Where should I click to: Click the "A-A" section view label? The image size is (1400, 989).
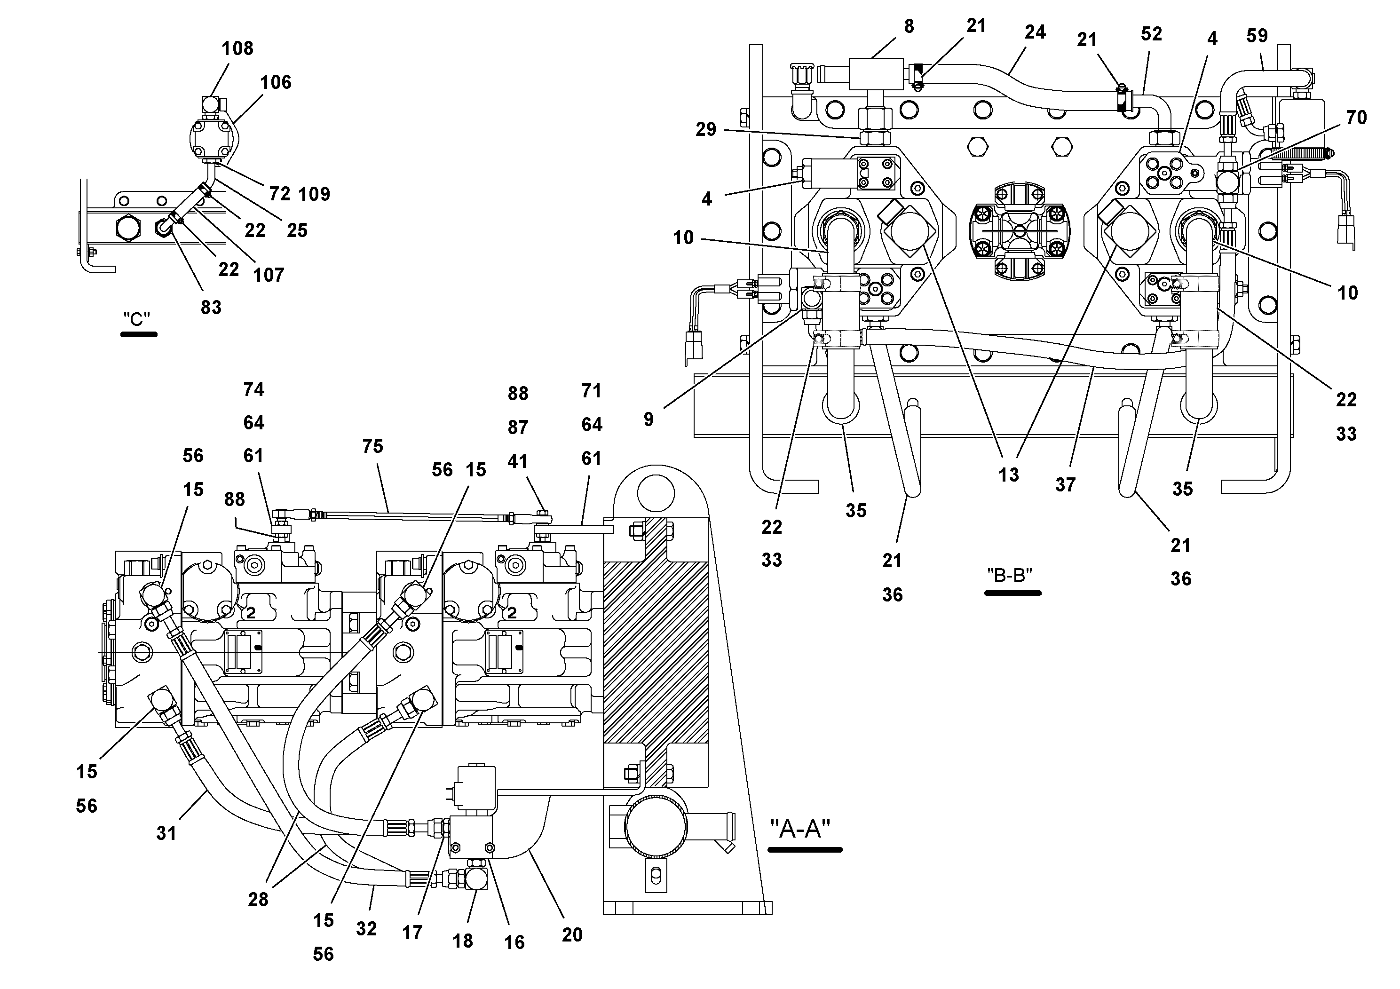(800, 829)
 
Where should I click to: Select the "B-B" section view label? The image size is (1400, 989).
(1009, 575)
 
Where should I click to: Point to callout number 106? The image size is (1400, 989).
(276, 82)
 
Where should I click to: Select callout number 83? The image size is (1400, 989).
(211, 307)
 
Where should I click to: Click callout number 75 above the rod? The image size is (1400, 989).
(372, 446)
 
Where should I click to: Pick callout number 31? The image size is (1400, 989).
(166, 833)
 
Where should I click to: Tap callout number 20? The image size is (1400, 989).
(572, 935)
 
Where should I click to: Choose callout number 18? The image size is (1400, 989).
(463, 941)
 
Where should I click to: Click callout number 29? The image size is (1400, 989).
(705, 130)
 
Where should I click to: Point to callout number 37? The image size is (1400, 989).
(1065, 485)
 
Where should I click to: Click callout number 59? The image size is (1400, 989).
(1257, 36)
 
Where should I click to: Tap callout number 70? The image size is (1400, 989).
(1356, 118)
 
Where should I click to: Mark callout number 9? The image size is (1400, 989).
(649, 419)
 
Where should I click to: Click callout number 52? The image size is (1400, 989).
(1151, 34)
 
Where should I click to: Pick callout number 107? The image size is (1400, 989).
(269, 275)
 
